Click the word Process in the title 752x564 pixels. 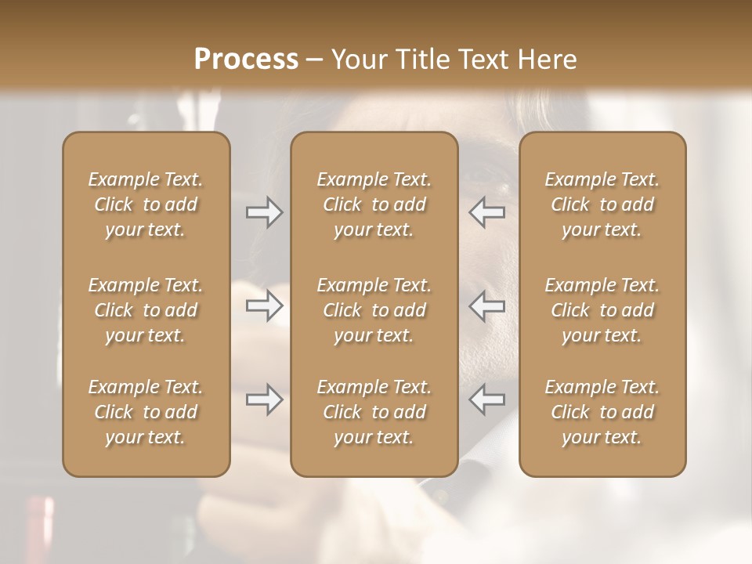[246, 60]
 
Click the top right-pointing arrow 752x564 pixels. [265, 212]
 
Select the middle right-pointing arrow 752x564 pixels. [265, 306]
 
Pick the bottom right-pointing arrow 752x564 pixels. [265, 400]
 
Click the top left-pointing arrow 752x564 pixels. [486, 212]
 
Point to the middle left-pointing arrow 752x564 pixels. [486, 306]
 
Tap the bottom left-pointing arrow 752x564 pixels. [486, 400]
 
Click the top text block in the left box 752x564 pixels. [146, 204]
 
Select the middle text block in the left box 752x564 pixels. [146, 310]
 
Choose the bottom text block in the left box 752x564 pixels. [146, 412]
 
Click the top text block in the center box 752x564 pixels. [374, 204]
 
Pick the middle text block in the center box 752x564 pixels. [374, 310]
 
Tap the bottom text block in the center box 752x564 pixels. [374, 412]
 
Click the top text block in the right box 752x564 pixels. [602, 204]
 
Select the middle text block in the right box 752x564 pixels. [602, 310]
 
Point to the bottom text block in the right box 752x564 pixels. [602, 412]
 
